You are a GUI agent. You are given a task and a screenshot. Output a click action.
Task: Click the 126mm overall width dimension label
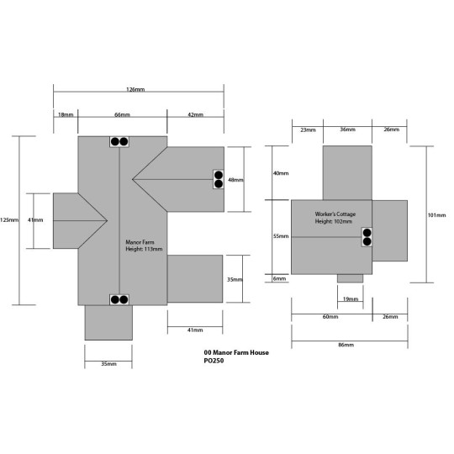click(135, 89)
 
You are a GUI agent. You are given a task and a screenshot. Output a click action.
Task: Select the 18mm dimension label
click(66, 114)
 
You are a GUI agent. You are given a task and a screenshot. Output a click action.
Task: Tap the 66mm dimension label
click(122, 114)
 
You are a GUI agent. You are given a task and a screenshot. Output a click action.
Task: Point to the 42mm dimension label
click(195, 114)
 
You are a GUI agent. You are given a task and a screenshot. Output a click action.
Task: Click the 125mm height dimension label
click(9, 219)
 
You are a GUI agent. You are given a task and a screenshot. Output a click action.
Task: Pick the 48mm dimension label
click(235, 180)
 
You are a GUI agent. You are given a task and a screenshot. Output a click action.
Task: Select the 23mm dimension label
click(308, 129)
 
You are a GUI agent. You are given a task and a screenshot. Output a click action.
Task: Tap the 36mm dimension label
click(347, 129)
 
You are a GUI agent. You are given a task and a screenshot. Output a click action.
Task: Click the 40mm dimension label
click(281, 173)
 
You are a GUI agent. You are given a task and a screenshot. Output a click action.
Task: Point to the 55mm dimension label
click(281, 236)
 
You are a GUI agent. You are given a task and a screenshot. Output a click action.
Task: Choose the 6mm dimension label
click(279, 278)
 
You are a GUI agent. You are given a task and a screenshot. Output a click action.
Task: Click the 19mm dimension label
click(351, 298)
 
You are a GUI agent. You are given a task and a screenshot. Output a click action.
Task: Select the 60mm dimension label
click(330, 316)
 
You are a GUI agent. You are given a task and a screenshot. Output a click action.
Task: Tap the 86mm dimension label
click(346, 345)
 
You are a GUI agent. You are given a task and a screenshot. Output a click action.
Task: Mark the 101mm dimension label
click(437, 215)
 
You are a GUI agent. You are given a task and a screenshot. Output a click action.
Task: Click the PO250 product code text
click(214, 361)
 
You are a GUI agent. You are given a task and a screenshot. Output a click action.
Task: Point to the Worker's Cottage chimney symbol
click(367, 237)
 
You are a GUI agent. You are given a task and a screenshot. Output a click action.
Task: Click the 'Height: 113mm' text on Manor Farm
click(144, 249)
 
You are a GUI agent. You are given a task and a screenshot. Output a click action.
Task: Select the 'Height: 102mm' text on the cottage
click(334, 221)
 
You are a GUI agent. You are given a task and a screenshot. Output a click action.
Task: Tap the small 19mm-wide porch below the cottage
click(350, 278)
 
